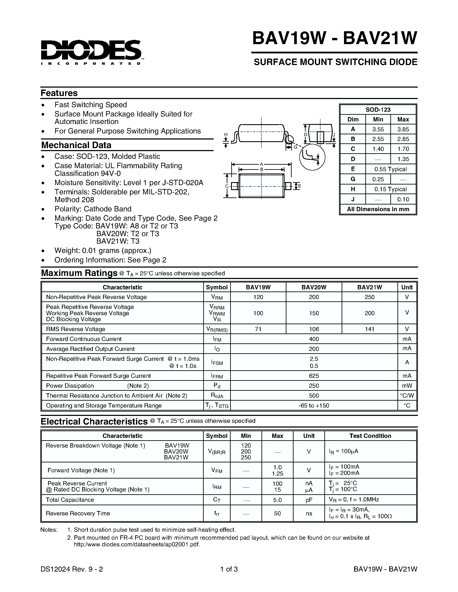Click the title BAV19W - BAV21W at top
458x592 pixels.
[334, 39]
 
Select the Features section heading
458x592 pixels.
[59, 93]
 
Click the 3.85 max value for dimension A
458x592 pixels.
[403, 129]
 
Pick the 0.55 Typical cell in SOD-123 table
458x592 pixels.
[391, 169]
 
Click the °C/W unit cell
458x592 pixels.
[407, 395]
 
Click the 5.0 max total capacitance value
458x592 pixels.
[277, 500]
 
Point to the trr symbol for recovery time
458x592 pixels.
[217, 513]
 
